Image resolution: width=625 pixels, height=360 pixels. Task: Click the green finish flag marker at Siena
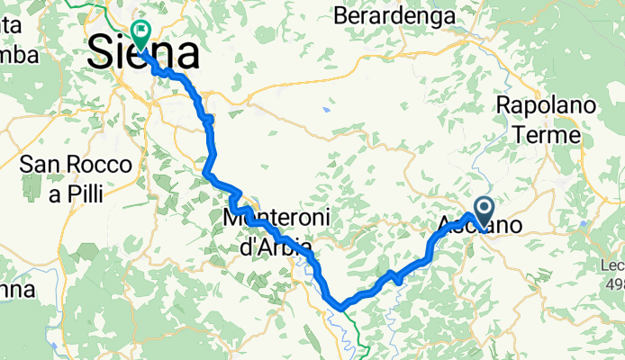pos(142,32)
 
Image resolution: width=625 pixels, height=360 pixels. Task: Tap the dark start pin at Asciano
pos(483,212)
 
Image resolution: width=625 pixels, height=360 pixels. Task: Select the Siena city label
pos(143,54)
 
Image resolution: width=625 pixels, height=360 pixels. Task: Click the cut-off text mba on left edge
pos(18,55)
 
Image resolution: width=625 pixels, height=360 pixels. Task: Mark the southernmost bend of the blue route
pos(341,309)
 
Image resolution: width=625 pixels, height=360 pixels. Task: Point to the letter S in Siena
pos(101,54)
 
